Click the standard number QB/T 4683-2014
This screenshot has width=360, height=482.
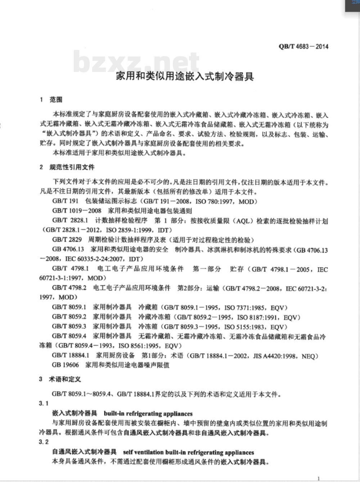(303, 46)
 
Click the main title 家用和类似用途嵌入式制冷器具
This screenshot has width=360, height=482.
(185, 76)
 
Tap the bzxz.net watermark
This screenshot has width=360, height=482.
(136, 62)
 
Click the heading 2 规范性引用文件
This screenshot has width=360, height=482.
(67, 167)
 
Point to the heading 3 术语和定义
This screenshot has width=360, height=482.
(60, 379)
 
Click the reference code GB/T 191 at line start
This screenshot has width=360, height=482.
(65, 201)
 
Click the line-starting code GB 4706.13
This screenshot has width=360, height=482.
(68, 249)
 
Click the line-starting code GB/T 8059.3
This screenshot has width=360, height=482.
(69, 326)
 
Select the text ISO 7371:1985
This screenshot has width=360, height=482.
(245, 308)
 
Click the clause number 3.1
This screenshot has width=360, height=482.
(44, 404)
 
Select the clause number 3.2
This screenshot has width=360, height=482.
(44, 442)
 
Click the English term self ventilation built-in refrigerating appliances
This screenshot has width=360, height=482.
(189, 452)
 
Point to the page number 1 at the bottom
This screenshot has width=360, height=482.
(319, 478)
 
